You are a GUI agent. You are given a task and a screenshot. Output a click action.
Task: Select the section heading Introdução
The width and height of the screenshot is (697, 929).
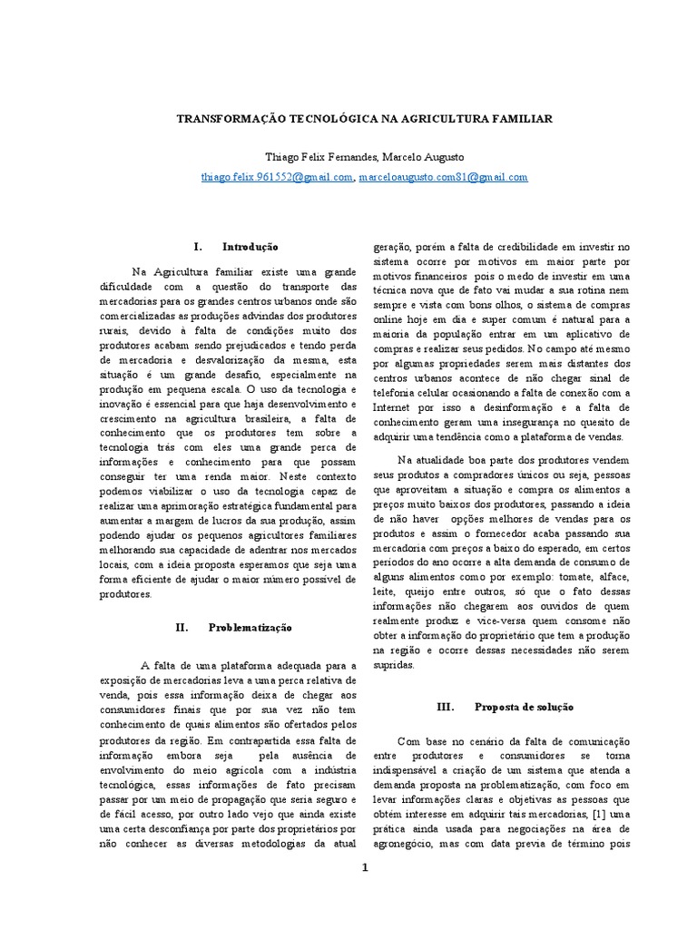[250, 247]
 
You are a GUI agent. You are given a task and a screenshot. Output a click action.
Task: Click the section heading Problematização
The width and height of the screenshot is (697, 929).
[251, 626]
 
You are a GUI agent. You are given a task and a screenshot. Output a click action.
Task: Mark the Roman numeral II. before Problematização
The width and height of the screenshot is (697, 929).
[181, 626]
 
